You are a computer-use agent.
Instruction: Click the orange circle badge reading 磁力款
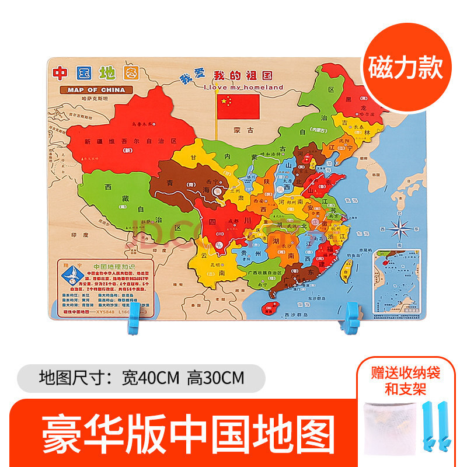click(410, 68)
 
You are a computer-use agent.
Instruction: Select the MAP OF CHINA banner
click(96, 89)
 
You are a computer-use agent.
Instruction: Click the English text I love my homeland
click(243, 88)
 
